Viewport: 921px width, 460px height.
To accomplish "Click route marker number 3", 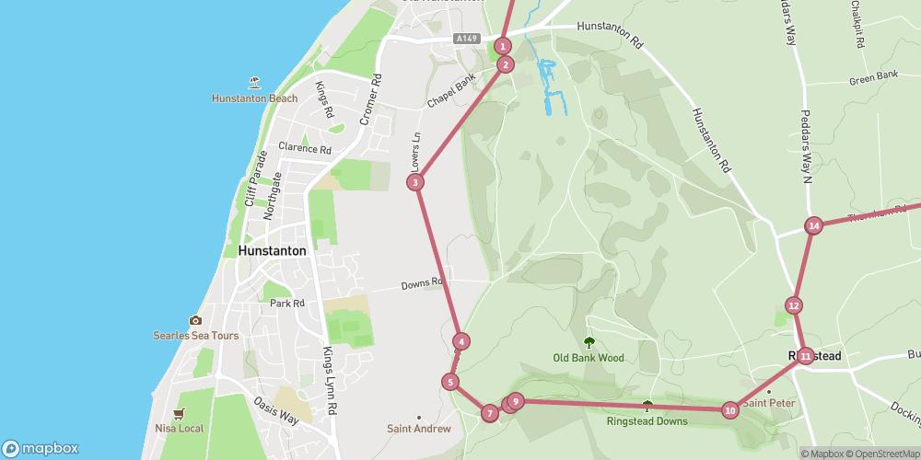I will click(416, 182).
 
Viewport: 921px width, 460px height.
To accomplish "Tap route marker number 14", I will click(813, 225).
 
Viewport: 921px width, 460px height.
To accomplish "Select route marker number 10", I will click(730, 410).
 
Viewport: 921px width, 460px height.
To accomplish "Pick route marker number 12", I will click(794, 305).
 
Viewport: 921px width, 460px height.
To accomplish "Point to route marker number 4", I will click(461, 341).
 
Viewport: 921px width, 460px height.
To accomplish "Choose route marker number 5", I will click(450, 382).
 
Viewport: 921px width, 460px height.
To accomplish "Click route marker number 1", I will click(503, 46).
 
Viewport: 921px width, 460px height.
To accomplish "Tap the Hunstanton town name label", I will click(272, 250).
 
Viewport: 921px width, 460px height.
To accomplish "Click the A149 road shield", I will click(467, 39).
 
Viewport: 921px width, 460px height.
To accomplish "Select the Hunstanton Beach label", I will click(254, 98).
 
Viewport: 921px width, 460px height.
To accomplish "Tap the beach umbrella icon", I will click(255, 82).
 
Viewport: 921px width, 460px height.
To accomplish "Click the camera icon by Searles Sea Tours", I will click(195, 320).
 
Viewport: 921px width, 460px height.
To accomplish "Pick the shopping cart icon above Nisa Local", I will click(179, 413).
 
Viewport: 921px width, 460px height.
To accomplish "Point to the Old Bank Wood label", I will click(589, 358).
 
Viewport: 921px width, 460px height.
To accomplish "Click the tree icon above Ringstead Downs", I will click(647, 406).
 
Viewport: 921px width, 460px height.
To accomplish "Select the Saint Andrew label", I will click(419, 429).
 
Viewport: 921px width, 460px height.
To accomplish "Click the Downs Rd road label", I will click(423, 284).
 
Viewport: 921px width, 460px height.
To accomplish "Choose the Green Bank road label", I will click(873, 78).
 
